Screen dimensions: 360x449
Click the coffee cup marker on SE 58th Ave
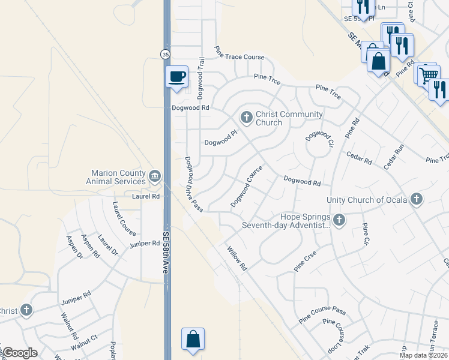[176, 76]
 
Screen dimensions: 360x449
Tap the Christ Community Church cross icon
[246, 116]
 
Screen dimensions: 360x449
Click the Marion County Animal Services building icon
[155, 176]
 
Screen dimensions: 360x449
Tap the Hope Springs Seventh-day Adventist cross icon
[339, 220]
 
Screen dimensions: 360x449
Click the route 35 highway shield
[164, 55]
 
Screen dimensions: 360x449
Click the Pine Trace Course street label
[240, 57]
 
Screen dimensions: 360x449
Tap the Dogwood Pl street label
[221, 139]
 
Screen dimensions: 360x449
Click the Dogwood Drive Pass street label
[193, 184]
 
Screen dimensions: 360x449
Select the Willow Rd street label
[237, 256]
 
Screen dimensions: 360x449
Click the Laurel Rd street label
[146, 196]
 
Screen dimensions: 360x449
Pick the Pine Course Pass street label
[323, 312]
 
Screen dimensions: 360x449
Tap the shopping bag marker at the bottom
[193, 339]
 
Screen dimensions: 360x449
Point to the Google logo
[19, 353]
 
